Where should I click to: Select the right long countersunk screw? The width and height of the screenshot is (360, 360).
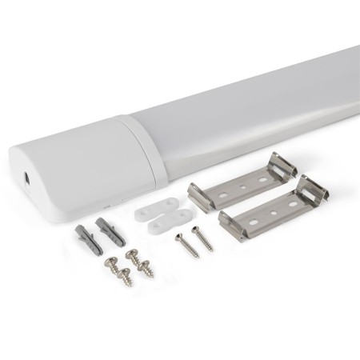(202, 238)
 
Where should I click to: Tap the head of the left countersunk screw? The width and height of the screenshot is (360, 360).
(180, 236)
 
